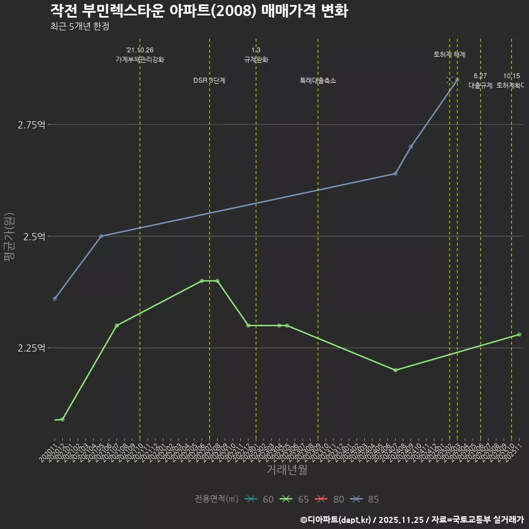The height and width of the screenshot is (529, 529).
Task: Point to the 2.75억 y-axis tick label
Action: [x=31, y=125]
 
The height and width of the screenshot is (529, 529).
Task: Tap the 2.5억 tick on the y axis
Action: [x=33, y=236]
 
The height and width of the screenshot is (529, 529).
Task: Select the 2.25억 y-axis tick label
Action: [x=31, y=348]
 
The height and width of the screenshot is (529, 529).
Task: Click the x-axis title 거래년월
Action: [x=287, y=469]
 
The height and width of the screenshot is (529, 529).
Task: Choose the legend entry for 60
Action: [x=260, y=499]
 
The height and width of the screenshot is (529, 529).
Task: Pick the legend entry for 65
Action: [x=295, y=499]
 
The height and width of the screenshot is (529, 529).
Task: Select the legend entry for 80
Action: [x=331, y=499]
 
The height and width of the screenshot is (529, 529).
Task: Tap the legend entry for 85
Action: [x=365, y=499]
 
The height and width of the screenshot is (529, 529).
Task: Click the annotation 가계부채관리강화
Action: [x=139, y=60]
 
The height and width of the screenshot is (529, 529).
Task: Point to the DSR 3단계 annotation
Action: [x=209, y=80]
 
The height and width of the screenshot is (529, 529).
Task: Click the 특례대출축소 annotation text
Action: [x=318, y=80]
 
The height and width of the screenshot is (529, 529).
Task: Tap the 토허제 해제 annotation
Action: [x=450, y=55]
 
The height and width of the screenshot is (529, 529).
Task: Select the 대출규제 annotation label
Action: [x=481, y=85]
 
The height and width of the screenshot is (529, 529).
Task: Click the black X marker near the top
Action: [x=450, y=80]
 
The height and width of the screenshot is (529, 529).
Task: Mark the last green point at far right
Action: [x=519, y=334]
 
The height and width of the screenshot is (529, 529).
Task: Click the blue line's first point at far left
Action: [x=55, y=299]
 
